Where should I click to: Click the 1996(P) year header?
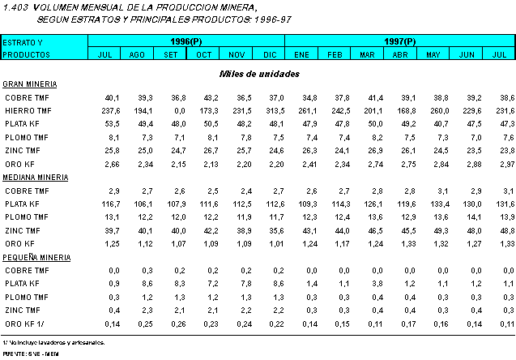186,41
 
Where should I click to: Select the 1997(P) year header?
399,41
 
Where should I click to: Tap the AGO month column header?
137,54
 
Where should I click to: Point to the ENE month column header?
301,54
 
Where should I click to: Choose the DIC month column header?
269,54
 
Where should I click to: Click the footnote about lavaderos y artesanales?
53,342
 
